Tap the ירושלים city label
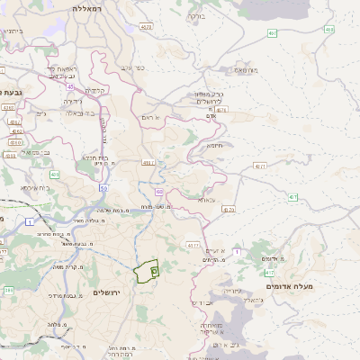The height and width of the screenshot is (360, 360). [x=112, y=292]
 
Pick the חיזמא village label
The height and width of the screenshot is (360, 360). [x=215, y=145]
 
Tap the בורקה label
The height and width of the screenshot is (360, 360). [x=195, y=16]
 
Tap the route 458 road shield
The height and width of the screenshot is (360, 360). [x=329, y=30]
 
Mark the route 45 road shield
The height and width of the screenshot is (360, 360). [x=69, y=86]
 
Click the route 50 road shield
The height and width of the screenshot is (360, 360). [x=104, y=188]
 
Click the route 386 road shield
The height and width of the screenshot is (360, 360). [x=8, y=291]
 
